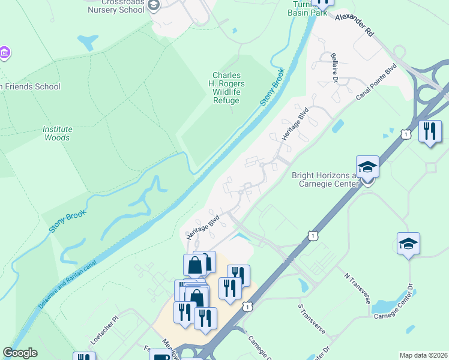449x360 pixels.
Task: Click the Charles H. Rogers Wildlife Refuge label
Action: [226, 88]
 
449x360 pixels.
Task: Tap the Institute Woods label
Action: [57, 133]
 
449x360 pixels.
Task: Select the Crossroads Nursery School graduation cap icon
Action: [154, 5]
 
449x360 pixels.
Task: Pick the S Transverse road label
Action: [311, 319]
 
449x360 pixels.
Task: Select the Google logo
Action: [20, 353]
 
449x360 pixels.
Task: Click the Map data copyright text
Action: [423, 355]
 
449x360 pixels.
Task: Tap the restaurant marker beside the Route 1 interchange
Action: [429, 131]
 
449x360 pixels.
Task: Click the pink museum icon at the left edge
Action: [4, 53]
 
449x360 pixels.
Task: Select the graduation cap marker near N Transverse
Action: [408, 244]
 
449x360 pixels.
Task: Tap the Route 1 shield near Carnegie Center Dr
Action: [247, 307]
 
